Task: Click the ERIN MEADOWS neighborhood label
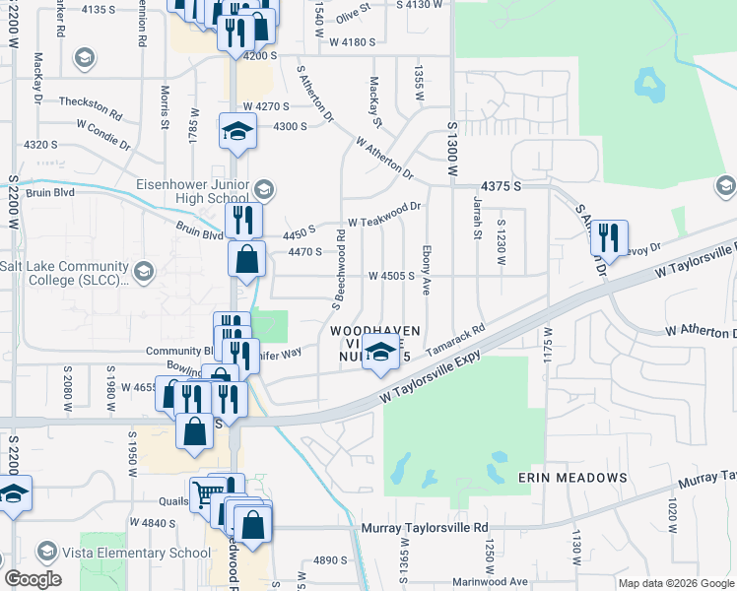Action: pos(572,478)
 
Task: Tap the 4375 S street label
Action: pos(501,186)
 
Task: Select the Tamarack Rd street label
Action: pos(456,342)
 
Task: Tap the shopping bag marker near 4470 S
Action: pos(247,261)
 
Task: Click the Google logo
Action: pos(33,579)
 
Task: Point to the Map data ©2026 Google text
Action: pos(675,583)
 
